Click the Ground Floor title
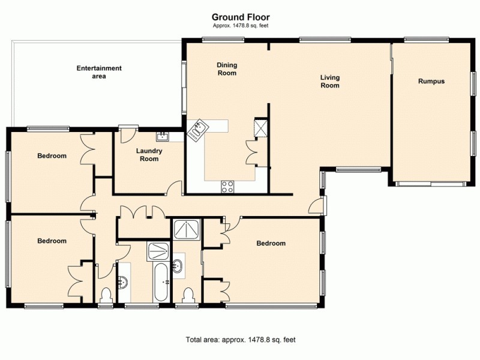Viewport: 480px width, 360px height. point(240,17)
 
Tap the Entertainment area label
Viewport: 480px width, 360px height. point(99,72)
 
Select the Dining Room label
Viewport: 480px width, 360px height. point(227,69)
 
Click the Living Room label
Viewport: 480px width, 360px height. point(330,81)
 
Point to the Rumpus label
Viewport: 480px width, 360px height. point(431,81)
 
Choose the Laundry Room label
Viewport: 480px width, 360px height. point(149,155)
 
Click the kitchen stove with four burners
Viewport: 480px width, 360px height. point(228,187)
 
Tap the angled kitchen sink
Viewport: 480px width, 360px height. point(197,129)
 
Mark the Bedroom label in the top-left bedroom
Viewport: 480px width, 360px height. point(52,156)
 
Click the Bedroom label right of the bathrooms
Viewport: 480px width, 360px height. point(271,244)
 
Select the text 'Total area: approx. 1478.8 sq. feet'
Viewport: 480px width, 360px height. point(241,340)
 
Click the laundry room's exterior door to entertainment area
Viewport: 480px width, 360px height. point(128,133)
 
